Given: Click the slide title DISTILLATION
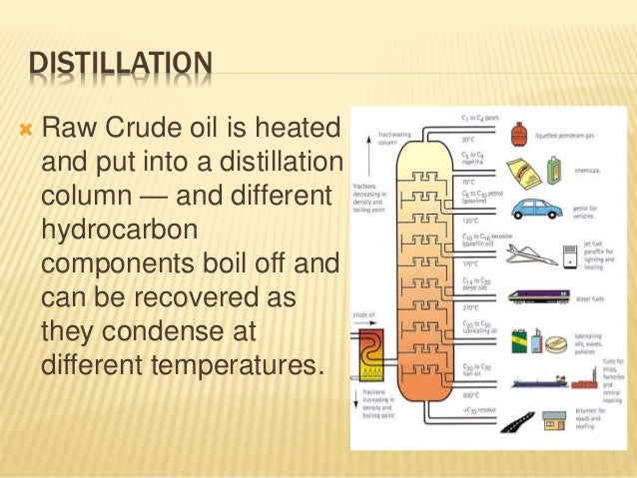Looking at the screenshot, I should click(119, 66).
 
